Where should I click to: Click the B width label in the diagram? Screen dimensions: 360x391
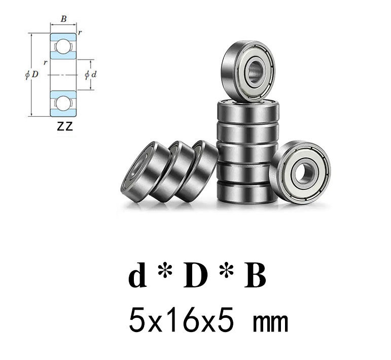click(x=63, y=19)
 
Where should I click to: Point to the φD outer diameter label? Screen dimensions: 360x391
click(x=31, y=75)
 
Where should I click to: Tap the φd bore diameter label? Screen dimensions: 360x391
click(x=91, y=75)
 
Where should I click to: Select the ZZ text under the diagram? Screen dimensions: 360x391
click(x=65, y=126)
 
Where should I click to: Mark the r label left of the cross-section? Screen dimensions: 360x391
click(x=45, y=62)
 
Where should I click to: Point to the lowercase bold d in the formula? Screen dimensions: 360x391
click(x=137, y=277)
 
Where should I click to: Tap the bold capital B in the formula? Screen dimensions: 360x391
click(x=255, y=277)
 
